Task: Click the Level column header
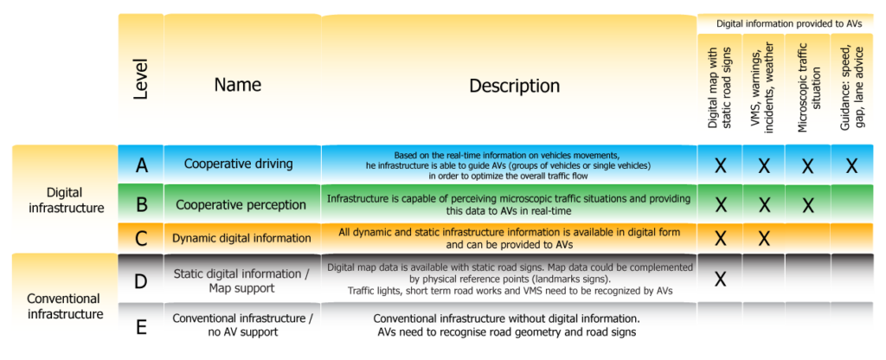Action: pyautogui.click(x=142, y=80)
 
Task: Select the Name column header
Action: pyautogui.click(x=237, y=85)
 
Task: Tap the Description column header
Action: pyautogui.click(x=514, y=86)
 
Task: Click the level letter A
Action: pyautogui.click(x=142, y=164)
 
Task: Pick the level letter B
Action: pyautogui.click(x=142, y=205)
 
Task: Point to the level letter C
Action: pyautogui.click(x=142, y=238)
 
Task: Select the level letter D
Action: pyautogui.click(x=142, y=279)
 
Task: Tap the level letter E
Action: pyautogui.click(x=142, y=325)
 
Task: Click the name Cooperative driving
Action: pyautogui.click(x=238, y=164)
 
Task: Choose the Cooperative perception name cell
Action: pyautogui.click(x=241, y=205)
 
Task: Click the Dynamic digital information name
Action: pyautogui.click(x=241, y=238)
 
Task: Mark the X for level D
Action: pyautogui.click(x=720, y=279)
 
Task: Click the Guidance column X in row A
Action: pyautogui.click(x=851, y=165)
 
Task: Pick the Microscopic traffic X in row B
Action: pyautogui.click(x=807, y=205)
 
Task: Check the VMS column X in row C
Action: pyautogui.click(x=764, y=238)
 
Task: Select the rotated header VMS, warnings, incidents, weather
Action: pyautogui.click(x=763, y=89)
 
